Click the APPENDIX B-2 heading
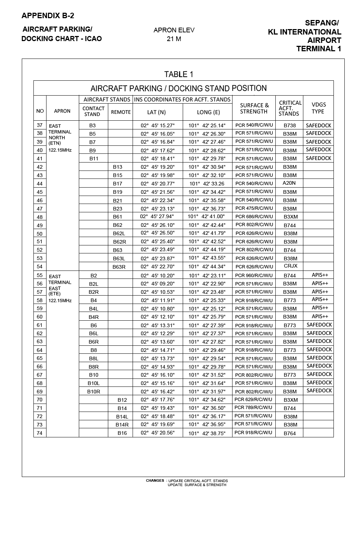point(48,16)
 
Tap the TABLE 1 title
point(179,75)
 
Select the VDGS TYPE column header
point(318,108)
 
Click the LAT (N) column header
point(157,112)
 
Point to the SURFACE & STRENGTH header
point(254,108)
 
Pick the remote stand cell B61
point(118,217)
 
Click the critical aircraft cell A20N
point(289,183)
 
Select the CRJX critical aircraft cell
point(291,266)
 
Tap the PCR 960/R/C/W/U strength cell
point(254,276)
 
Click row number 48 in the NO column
point(40,217)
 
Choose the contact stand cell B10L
point(93,383)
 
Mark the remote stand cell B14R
point(122,425)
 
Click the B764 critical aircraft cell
point(290,433)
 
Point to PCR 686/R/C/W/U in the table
point(254,217)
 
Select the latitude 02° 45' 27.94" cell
point(157,216)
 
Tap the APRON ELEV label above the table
point(174,30)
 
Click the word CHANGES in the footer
point(155,481)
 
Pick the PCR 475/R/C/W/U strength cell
point(254,208)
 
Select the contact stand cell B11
point(94,159)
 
